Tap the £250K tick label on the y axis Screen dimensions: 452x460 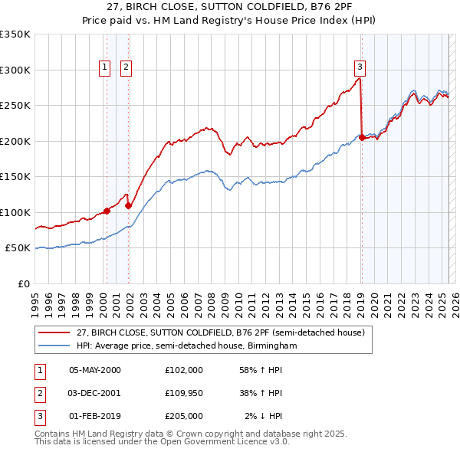click(x=15, y=105)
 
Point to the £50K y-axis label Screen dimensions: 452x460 click(x=18, y=248)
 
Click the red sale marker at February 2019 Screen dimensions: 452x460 click(x=362, y=138)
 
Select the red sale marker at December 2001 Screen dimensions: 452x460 click(x=129, y=205)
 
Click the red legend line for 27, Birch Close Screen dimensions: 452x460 click(x=54, y=332)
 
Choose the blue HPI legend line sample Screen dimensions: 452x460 click(x=54, y=346)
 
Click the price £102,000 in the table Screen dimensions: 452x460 click(x=184, y=370)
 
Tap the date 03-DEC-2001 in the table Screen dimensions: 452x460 click(x=95, y=393)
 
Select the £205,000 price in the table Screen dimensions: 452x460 click(x=184, y=416)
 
